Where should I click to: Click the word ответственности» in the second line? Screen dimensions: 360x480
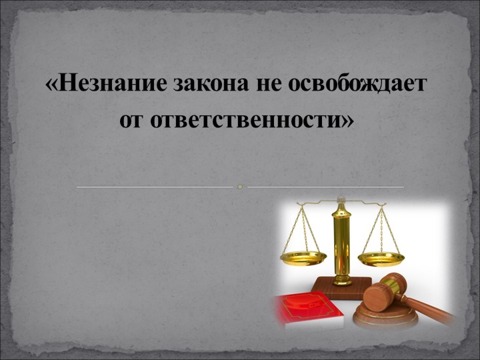252,121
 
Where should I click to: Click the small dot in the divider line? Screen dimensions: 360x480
240,187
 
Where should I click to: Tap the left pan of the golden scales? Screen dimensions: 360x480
303,257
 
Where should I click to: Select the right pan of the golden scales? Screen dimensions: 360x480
381,258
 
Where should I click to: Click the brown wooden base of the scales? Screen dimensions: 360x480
341,287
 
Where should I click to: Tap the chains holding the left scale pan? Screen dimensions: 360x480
303,230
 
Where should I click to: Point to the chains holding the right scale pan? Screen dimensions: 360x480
381,230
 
